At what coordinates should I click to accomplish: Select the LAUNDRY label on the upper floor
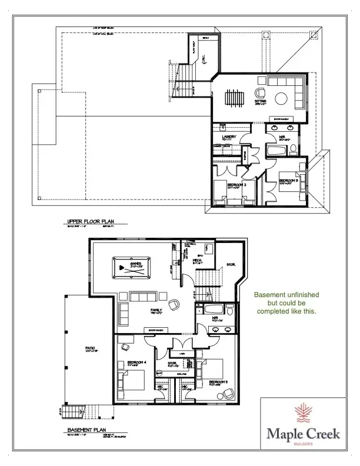(229, 137)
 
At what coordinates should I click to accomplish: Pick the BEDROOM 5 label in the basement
(218, 382)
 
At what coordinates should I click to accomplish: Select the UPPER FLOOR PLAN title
(89, 222)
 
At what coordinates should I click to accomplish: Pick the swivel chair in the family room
(175, 304)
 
